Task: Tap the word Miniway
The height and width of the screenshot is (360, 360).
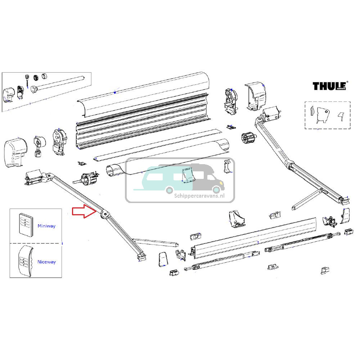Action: click(46, 226)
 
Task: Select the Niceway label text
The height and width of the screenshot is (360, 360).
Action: click(46, 262)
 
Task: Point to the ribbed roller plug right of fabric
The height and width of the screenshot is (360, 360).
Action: click(248, 139)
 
